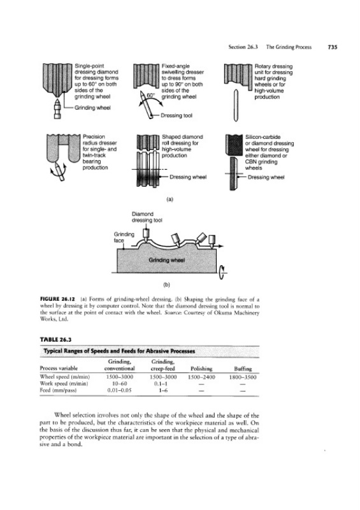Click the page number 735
pos(333,47)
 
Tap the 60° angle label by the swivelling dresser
pos(150,95)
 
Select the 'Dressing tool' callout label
pos(176,115)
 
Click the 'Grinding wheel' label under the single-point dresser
pos(92,108)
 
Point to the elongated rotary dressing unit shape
pos(236,105)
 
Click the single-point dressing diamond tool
pos(57,109)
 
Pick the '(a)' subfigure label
pos(169,199)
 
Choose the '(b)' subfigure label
pos(166,285)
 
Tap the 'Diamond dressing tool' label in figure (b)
pos(147,217)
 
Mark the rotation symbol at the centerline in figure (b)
pos(222,273)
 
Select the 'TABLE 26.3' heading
pos(55,340)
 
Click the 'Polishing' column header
pos(201,369)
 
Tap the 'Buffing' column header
pos(243,369)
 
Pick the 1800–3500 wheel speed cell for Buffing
pos(243,377)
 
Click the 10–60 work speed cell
pos(119,384)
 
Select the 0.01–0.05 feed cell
pos(119,390)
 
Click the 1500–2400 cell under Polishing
pos(201,377)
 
